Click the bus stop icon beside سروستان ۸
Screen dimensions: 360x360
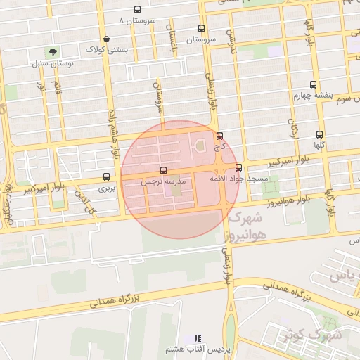click(x=136, y=11)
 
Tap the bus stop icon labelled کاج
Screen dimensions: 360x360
click(x=220, y=136)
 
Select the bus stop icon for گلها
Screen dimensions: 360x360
click(x=320, y=134)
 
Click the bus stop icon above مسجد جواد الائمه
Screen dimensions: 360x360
click(x=239, y=168)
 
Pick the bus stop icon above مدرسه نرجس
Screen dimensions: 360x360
click(x=164, y=170)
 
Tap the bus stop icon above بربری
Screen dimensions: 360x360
click(x=106, y=176)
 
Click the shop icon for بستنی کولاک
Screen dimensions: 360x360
click(x=105, y=39)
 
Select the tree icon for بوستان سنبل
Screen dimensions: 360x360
click(x=52, y=51)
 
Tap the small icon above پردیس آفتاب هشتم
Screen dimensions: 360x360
click(x=198, y=338)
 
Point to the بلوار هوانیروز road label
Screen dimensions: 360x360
click(x=288, y=202)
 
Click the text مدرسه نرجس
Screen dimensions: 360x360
click(x=164, y=181)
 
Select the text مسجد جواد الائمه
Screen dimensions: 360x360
click(x=240, y=179)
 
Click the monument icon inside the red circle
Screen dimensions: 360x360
click(x=198, y=146)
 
